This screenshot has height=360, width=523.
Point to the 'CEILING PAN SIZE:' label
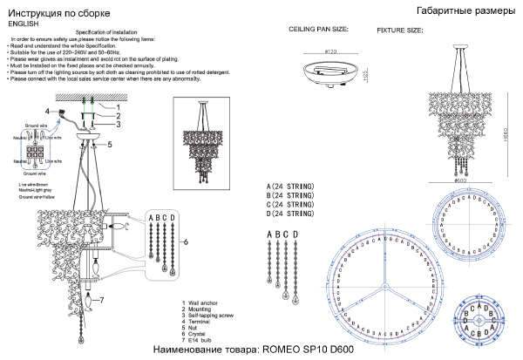[318, 29]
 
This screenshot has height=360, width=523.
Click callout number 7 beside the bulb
[101, 301]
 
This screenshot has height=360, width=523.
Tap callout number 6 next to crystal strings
[186, 239]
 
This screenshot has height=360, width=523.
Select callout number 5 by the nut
[110, 145]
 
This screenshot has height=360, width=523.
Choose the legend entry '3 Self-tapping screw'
[212, 314]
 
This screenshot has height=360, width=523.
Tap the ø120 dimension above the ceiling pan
[330, 52]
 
